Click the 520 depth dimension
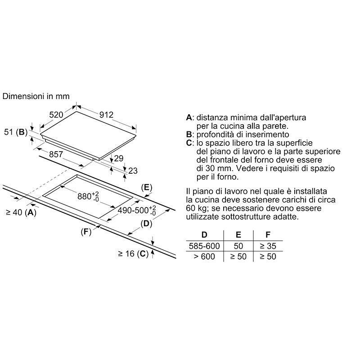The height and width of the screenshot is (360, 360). tap(56, 115)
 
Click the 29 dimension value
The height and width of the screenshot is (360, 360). tap(118, 158)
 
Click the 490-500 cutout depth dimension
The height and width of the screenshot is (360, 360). tap(135, 210)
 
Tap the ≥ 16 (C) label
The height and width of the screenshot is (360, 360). tap(133, 254)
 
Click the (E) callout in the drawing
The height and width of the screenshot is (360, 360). tap(147, 187)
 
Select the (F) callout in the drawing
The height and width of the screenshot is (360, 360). tap(86, 232)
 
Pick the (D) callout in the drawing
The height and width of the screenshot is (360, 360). tap(146, 223)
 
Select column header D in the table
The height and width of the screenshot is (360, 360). tap(204, 234)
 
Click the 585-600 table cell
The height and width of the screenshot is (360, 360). tap(204, 246)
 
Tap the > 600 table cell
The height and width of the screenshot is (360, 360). tap(204, 256)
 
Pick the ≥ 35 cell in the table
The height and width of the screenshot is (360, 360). tap(268, 246)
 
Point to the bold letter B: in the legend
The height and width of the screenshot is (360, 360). tap(189, 134)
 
